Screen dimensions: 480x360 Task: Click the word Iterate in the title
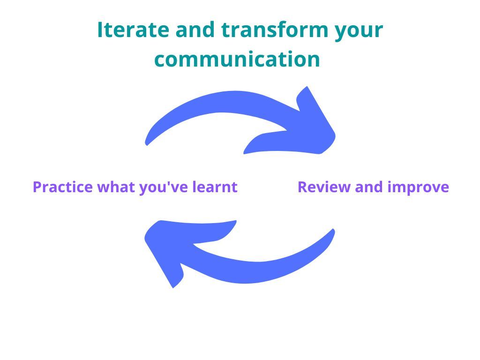pos(133,30)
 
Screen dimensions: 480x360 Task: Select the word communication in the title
pos(237,59)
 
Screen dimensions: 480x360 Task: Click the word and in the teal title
pos(195,30)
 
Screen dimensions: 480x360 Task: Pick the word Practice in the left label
pos(63,187)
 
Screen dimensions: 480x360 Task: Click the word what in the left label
pos(116,187)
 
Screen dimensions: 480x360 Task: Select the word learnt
pos(215,187)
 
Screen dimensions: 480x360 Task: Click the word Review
pos(324,187)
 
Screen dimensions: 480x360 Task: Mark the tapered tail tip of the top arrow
pos(146,144)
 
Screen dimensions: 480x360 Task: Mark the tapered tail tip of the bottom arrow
pos(334,229)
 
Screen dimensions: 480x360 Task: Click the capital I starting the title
pos(100,30)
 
